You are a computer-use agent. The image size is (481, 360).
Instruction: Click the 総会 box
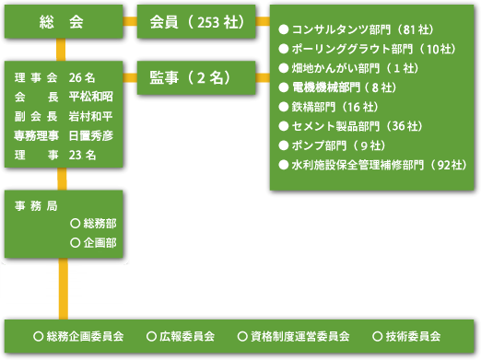64,21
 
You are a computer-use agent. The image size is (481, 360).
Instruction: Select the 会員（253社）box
196,21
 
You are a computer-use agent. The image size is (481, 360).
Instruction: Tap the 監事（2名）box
196,77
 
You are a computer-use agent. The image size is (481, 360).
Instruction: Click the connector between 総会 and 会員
130,21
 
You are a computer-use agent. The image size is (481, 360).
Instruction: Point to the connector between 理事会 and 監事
130,77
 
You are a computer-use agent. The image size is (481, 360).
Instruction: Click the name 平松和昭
91,97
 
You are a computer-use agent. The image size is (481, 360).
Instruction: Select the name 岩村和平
91,116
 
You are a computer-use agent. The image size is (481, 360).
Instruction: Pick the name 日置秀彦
91,135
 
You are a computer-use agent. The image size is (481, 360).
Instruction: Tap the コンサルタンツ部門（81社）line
357,29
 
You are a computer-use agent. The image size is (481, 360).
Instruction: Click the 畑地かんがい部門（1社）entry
348,68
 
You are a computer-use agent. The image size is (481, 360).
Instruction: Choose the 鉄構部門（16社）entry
329,107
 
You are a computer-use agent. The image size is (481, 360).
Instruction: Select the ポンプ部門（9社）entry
332,145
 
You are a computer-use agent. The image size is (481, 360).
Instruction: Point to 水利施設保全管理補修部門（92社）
373,165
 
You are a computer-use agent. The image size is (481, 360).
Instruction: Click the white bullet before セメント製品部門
283,126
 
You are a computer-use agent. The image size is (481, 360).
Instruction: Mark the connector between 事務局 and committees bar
64,289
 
